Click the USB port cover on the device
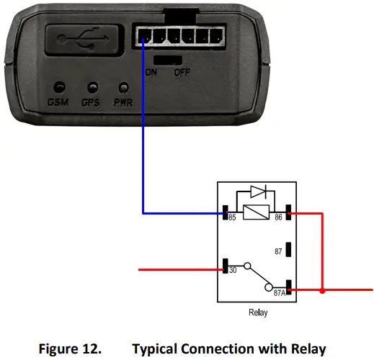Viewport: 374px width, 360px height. click(81, 39)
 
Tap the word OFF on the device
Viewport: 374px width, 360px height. click(182, 72)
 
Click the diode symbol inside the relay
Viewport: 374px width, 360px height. click(257, 193)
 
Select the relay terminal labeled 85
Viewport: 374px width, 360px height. click(225, 214)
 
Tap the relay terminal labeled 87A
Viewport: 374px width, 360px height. click(288, 291)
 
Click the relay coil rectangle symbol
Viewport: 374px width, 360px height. click(257, 213)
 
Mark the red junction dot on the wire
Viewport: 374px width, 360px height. click(322, 292)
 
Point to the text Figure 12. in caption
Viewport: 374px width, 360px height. click(72, 348)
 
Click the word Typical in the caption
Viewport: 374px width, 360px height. click(156, 348)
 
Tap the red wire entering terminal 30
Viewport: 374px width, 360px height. click(180, 271)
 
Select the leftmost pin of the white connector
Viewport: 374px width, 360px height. click(143, 37)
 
